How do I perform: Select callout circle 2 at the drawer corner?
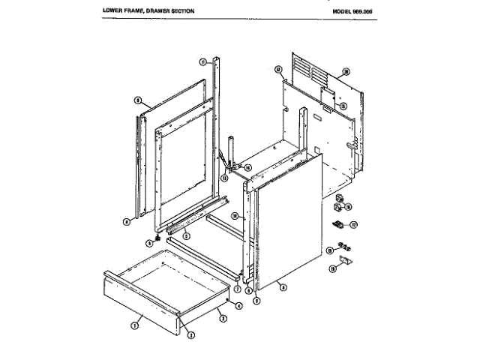pyautogui.click(x=190, y=334)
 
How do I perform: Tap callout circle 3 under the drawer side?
pyautogui.click(x=222, y=318)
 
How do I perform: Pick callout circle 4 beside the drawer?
pyautogui.click(x=238, y=305)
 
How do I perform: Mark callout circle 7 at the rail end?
pyautogui.click(x=236, y=287)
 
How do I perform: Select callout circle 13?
pyautogui.click(x=223, y=178)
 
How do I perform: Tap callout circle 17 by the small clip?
pyautogui.click(x=354, y=223)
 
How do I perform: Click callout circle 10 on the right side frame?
pyautogui.click(x=235, y=216)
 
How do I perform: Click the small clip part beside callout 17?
pyautogui.click(x=337, y=224)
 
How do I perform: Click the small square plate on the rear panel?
pyautogui.click(x=327, y=96)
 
